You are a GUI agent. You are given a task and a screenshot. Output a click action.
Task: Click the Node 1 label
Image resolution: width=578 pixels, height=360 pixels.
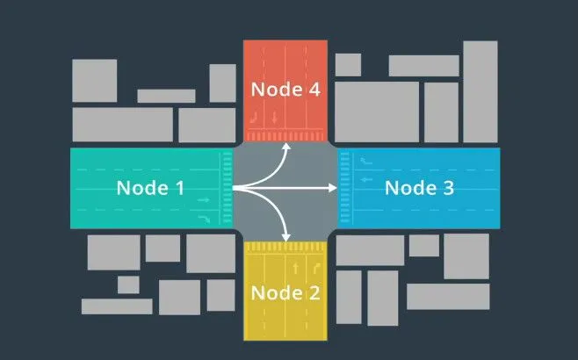[x=150, y=188]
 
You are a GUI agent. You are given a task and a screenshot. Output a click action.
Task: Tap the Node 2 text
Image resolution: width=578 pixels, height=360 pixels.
[x=285, y=293]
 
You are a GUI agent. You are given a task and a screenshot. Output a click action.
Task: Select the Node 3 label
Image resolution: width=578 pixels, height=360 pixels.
[x=419, y=188]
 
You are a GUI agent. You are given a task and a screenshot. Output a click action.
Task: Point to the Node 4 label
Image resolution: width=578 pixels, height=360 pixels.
[x=285, y=90]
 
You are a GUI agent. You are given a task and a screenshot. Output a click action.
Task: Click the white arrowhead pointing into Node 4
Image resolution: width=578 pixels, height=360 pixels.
[x=286, y=147]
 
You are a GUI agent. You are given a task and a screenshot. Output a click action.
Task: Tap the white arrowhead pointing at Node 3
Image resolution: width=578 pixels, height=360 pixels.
[x=333, y=188]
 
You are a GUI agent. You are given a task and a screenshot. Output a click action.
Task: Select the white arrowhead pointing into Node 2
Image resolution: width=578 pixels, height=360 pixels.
[x=285, y=238]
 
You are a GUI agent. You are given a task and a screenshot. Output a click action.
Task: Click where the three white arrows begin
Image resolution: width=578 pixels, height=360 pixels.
[x=234, y=188]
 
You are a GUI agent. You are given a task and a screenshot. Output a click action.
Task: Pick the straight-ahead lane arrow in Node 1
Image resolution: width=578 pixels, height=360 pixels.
[x=204, y=200]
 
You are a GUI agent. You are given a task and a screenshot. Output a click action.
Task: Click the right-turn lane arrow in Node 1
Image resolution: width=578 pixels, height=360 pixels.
[x=204, y=219]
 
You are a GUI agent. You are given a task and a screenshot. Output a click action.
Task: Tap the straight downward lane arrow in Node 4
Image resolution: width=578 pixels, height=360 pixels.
[x=274, y=118]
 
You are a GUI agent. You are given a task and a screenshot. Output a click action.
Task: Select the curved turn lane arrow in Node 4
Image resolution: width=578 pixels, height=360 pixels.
[x=254, y=118]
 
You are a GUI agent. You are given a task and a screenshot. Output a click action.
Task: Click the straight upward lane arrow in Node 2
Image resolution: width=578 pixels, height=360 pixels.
[x=296, y=269]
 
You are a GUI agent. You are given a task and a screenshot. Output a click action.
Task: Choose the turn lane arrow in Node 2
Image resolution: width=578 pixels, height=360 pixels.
[x=316, y=269]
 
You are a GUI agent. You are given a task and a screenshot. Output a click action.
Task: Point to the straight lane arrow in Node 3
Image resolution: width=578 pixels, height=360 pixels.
[x=366, y=179]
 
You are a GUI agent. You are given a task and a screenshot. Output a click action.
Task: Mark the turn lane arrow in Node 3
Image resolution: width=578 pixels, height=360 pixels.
[x=366, y=161]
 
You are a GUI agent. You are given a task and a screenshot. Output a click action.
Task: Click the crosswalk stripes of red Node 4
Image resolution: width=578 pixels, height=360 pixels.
[x=285, y=137]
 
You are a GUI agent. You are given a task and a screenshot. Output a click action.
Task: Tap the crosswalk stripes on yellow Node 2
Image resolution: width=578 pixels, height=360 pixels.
[x=285, y=247]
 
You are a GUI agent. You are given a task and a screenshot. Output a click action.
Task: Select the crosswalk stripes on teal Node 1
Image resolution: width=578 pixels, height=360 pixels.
[x=228, y=188]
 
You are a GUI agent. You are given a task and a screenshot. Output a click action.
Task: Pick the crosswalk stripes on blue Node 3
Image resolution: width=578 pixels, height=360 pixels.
[x=344, y=188]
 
